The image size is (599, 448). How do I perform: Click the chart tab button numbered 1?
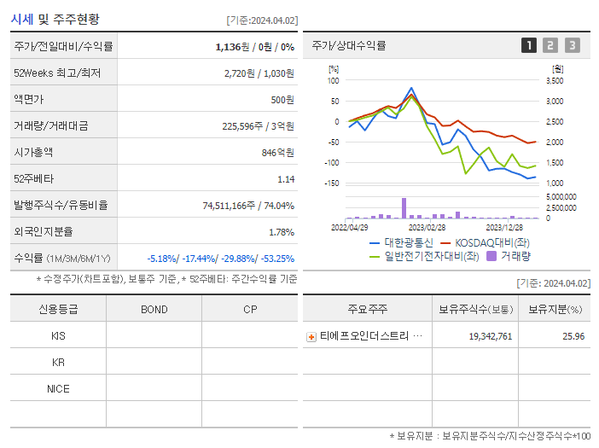coord(529,45)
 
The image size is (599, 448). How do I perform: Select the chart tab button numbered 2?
coord(550,45)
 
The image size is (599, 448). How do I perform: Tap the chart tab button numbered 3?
coord(572,45)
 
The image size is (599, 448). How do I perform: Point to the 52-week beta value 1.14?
coord(285,178)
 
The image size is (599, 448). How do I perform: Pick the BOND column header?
coord(154,309)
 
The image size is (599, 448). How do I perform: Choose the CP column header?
coord(250,309)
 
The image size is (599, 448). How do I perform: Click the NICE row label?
coord(58,388)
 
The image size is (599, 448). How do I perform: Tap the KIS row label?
coord(58,335)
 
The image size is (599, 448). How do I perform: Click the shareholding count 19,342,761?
coord(491,336)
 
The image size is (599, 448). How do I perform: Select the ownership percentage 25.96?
coord(573,336)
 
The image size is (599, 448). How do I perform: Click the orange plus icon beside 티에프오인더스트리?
coord(311,337)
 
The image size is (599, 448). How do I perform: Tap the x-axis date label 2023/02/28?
coord(427,227)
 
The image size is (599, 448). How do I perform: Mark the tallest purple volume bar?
coord(404,208)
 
